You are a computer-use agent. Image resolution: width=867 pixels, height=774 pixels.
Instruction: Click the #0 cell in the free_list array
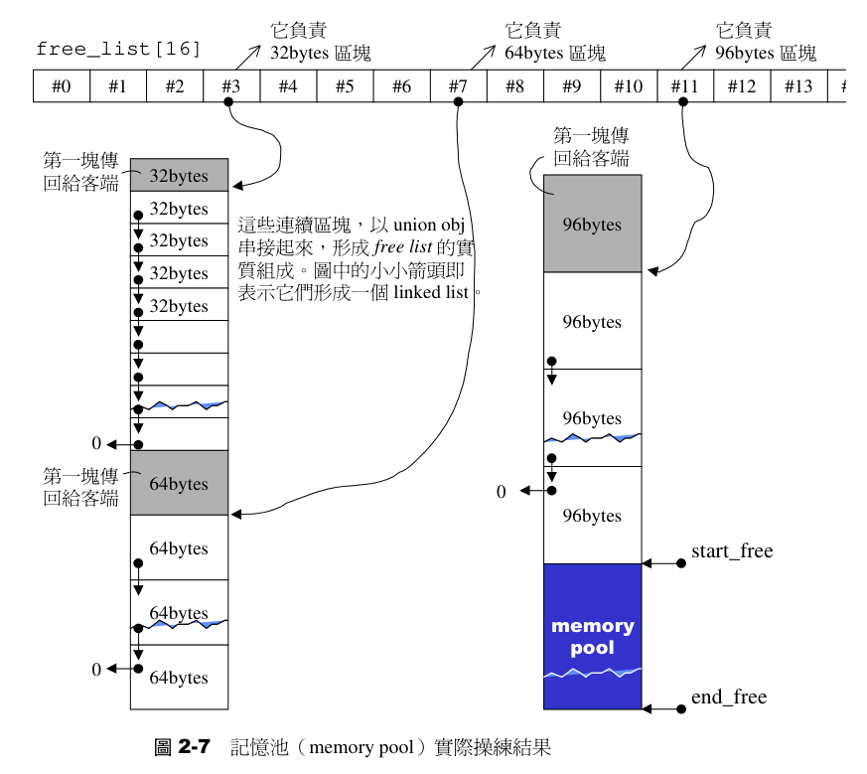pos(61,85)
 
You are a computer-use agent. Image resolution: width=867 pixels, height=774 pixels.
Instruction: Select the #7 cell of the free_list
pos(458,85)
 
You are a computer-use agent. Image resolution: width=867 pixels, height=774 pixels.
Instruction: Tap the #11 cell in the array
pos(685,85)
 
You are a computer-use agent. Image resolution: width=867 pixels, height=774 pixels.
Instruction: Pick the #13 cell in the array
pos(798,85)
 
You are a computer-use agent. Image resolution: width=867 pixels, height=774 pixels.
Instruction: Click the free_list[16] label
pos(118,48)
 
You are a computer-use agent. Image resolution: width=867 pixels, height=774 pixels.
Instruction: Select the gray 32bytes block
pos(179,176)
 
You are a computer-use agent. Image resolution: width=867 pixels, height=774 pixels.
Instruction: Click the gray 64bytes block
pos(179,484)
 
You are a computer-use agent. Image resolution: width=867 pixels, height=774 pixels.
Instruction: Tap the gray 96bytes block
pos(592,224)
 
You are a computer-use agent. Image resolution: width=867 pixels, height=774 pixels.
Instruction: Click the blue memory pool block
pos(592,636)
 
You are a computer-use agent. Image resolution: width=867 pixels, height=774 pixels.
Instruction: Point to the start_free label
pos(731,551)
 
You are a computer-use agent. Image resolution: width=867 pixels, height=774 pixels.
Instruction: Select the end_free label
pos(728,697)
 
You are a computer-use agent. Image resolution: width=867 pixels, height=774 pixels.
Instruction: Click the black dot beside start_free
pos(681,563)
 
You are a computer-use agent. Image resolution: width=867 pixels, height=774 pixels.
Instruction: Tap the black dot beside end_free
pos(681,709)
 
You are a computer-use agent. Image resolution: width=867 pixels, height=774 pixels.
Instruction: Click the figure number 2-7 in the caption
pos(193,748)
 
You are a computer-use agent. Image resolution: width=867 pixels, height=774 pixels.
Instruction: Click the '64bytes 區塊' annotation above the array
pos(554,53)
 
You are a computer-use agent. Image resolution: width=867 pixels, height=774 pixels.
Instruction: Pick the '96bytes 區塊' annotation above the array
pos(765,53)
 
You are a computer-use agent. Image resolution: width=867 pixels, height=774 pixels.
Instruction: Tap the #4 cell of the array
pos(288,85)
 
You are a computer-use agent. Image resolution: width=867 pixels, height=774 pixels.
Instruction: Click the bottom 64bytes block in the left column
pos(179,678)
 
